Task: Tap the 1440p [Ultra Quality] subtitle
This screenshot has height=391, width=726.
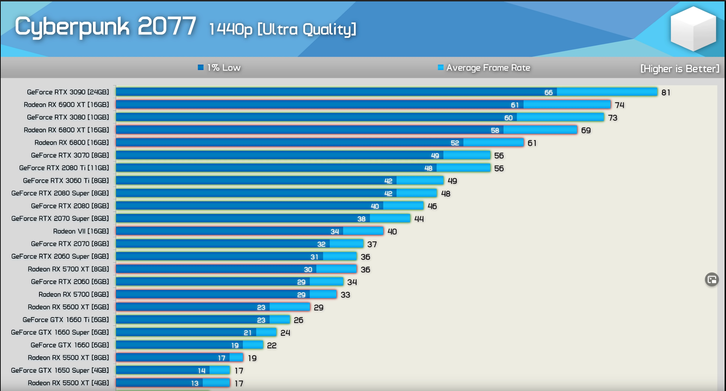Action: (283, 29)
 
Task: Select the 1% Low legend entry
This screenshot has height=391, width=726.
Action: (219, 68)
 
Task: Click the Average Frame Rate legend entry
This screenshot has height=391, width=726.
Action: (484, 68)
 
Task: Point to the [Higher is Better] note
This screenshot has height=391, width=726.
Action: (680, 69)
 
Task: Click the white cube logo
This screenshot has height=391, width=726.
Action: (693, 29)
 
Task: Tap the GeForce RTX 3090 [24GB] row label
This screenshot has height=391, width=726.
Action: (68, 92)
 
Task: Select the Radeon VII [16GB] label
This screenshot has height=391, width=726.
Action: (81, 231)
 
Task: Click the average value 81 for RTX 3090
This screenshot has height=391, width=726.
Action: (666, 93)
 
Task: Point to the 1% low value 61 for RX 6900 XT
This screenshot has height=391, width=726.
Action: (515, 105)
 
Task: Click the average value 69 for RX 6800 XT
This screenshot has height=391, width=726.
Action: (586, 130)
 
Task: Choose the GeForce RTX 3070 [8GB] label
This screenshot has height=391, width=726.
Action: (70, 155)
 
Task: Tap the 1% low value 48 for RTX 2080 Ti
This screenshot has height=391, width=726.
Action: (428, 168)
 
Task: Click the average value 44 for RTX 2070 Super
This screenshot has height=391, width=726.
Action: (419, 219)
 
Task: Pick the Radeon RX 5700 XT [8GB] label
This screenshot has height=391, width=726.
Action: (68, 269)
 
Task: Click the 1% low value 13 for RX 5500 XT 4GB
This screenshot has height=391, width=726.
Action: (195, 383)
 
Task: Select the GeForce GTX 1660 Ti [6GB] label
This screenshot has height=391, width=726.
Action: (66, 320)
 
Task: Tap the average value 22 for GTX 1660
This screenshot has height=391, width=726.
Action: (272, 346)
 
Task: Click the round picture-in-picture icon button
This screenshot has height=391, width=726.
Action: (712, 280)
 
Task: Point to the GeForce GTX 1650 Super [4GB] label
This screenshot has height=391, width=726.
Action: (60, 371)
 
